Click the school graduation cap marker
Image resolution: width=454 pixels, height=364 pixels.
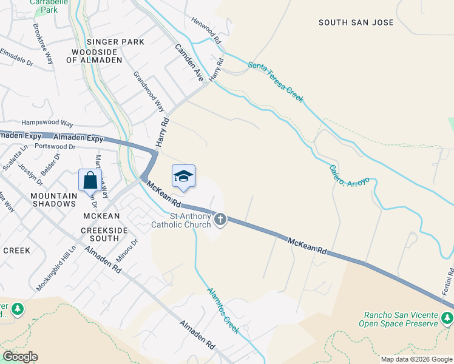184,176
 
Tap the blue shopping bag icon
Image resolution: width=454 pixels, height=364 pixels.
90,180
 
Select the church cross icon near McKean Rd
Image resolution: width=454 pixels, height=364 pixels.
220,220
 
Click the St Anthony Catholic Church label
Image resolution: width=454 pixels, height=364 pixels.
181,220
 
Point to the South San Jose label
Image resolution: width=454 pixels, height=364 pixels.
356,22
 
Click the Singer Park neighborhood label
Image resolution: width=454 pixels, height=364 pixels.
115,42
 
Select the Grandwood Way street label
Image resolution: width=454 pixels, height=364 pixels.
149,91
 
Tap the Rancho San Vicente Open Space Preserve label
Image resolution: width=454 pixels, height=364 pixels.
401,318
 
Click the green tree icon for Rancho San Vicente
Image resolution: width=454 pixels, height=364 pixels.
447,317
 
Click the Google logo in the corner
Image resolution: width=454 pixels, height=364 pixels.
20,357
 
